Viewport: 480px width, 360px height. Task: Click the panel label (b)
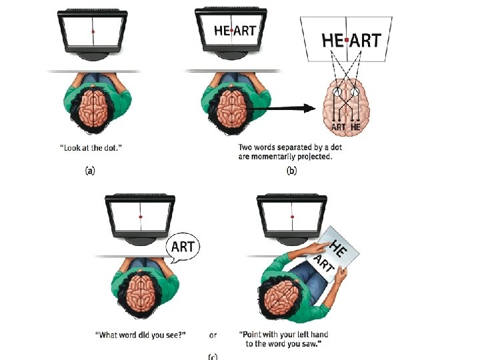(291, 171)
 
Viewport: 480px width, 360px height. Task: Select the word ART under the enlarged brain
(338, 126)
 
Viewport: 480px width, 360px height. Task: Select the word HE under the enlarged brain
(356, 126)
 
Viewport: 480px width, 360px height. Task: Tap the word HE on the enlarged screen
(332, 40)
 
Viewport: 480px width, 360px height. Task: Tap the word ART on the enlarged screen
(365, 40)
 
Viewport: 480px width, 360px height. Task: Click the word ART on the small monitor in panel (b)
(244, 29)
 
